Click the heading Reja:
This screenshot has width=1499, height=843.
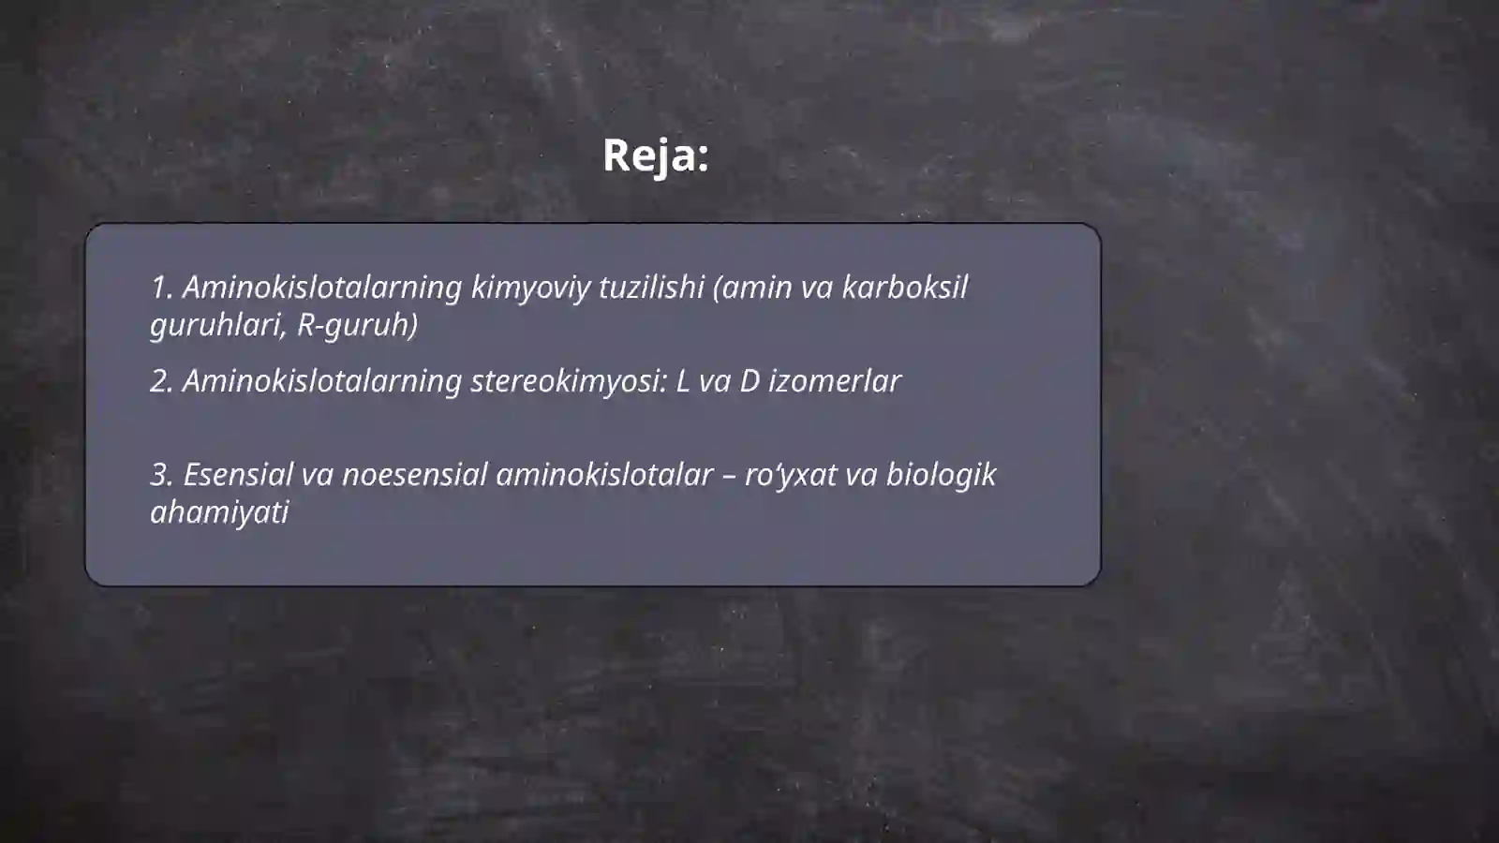655,155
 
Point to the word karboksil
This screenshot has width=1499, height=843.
904,288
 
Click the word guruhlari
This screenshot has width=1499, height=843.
218,325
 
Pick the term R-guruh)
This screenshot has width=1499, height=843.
357,325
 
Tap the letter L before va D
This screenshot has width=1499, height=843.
682,381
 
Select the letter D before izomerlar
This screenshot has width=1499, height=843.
749,381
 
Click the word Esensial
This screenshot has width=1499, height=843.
238,475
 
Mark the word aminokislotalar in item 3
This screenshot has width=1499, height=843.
604,475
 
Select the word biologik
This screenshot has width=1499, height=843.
941,475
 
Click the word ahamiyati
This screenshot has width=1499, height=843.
219,512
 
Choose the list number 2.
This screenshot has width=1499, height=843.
161,381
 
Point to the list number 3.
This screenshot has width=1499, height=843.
161,475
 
